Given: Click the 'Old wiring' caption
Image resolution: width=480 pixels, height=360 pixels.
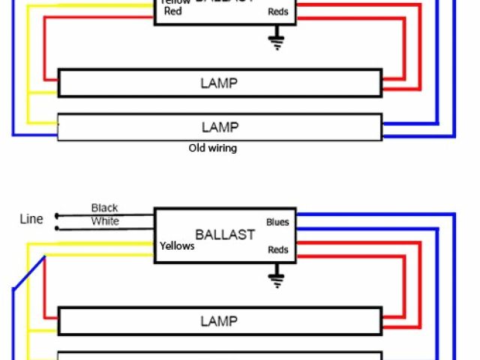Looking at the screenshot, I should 212,148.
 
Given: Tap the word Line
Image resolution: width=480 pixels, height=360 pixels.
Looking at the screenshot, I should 31,219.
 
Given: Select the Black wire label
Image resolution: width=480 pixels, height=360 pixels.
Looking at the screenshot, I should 104,208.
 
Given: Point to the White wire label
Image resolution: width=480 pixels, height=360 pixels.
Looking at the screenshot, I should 105,221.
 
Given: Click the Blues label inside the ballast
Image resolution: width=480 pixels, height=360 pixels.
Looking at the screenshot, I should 277,222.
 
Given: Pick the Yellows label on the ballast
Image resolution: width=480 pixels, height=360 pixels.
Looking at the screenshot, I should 177,246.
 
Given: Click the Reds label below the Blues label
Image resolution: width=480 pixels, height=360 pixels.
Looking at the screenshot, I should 277,250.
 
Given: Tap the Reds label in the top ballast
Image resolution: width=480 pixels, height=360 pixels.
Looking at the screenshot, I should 277,12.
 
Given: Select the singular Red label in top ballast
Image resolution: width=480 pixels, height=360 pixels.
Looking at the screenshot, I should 172,12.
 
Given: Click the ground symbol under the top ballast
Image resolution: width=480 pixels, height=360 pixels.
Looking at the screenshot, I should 277,40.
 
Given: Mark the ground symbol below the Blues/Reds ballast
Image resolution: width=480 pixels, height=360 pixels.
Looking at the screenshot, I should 277,280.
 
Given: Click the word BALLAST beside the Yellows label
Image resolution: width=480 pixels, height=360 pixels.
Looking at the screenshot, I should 225,234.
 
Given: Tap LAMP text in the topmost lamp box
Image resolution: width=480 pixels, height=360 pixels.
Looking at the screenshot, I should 219,83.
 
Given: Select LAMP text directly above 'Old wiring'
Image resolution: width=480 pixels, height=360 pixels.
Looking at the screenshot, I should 219,127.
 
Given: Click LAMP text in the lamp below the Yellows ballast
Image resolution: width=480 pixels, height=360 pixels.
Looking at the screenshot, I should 219,322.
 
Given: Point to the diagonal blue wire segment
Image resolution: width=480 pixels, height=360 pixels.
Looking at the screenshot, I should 28,273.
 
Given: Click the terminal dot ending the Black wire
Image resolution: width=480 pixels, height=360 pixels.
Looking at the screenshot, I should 56,215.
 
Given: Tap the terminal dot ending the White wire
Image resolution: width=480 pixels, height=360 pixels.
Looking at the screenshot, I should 56,227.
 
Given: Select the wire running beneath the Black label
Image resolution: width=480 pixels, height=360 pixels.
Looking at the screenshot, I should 105,215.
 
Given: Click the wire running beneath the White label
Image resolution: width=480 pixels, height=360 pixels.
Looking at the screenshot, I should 105,227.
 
